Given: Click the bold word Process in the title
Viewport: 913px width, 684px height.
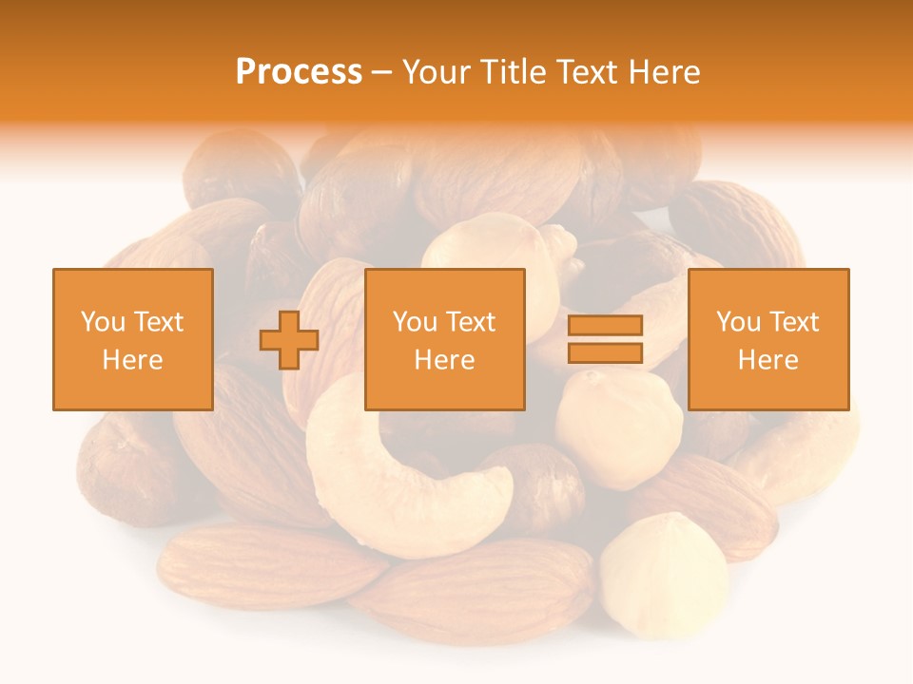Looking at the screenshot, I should [299, 72].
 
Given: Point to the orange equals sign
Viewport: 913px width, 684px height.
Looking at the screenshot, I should [605, 339].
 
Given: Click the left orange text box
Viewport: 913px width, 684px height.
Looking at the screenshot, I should [133, 339].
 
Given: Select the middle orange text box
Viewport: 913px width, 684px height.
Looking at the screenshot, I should [445, 339].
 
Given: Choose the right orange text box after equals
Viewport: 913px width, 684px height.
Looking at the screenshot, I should [768, 339].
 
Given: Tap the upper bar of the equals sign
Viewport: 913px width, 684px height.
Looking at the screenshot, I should [605, 326].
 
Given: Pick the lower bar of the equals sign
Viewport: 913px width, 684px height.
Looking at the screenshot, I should [605, 352].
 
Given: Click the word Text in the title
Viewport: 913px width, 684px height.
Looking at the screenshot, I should [588, 72].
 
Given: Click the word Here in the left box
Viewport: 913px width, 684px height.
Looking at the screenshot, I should [133, 360].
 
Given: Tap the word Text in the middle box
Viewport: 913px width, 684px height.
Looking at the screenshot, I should [471, 322].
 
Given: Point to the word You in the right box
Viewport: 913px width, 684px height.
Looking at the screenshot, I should [738, 322].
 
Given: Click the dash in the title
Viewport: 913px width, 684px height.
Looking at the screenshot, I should [382, 72].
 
